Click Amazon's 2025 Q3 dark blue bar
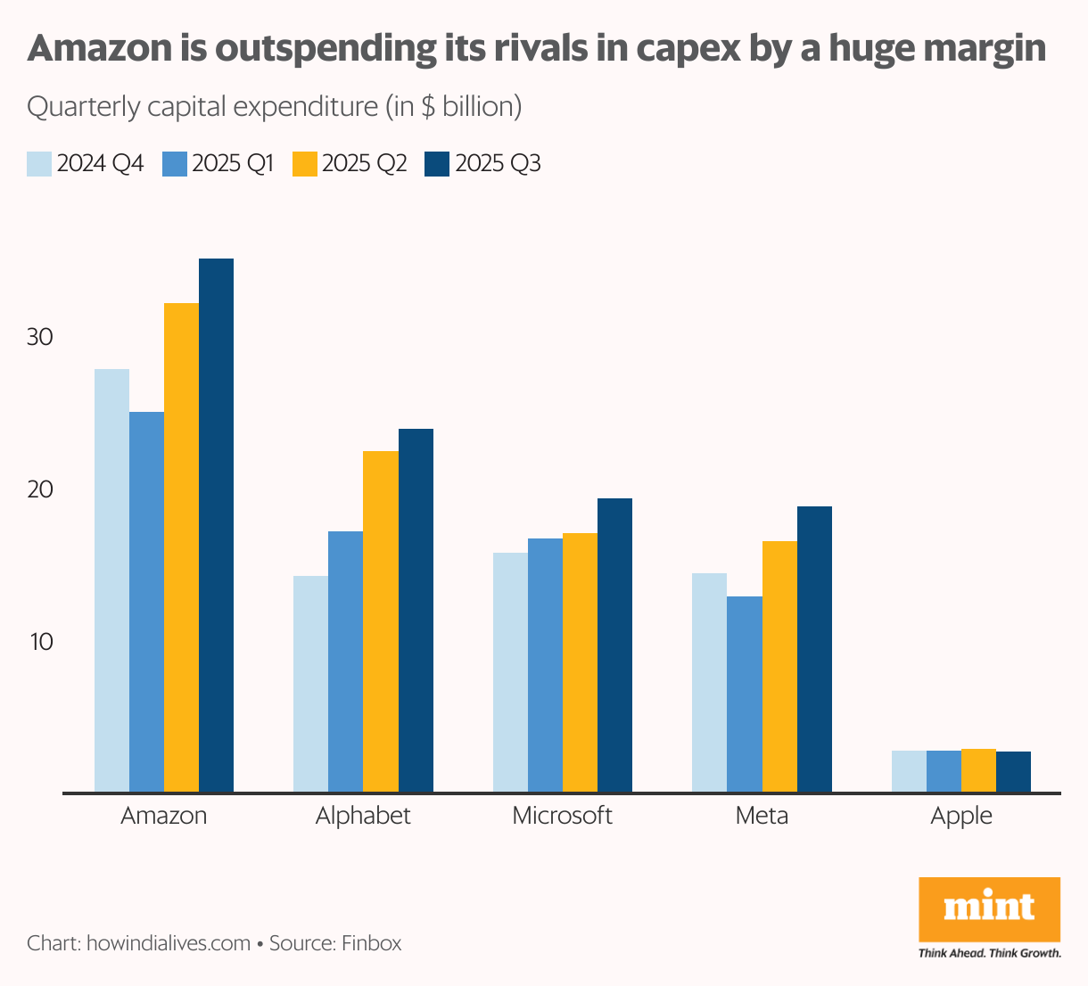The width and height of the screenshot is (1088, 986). point(216,525)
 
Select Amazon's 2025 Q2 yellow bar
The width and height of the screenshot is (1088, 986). point(181,547)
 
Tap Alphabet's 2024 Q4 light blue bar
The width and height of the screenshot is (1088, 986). point(310,684)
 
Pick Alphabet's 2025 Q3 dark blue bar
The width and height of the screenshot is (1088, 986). point(416,611)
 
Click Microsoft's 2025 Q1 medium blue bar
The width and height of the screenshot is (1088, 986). point(545,665)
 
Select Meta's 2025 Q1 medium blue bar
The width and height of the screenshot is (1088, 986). point(745,694)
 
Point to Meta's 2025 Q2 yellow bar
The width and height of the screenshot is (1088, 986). point(779,666)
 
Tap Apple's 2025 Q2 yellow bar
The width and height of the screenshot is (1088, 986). point(978,770)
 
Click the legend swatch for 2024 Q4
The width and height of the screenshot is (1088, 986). point(39,164)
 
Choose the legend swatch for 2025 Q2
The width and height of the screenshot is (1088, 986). point(305,164)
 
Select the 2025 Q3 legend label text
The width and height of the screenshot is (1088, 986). point(498,164)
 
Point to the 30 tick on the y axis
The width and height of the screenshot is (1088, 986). point(40,338)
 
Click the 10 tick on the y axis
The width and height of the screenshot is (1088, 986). point(40,642)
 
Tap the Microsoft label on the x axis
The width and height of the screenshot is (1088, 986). point(562,816)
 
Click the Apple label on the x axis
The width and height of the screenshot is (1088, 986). point(960,816)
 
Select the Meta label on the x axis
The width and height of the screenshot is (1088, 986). point(762,816)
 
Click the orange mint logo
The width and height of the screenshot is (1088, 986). point(989,909)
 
